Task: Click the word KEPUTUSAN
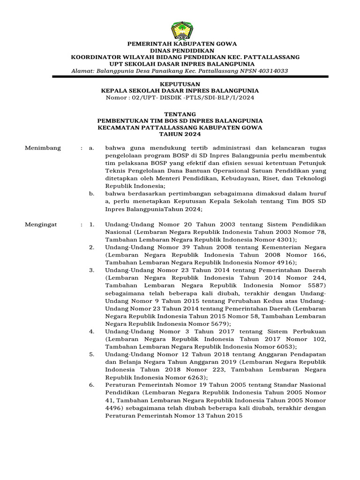pyautogui.click(x=180, y=84)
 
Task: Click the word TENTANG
pyautogui.click(x=180, y=114)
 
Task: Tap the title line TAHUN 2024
pyautogui.click(x=180, y=134)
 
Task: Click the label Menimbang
pyautogui.click(x=43, y=148)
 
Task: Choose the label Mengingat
pyautogui.click(x=41, y=225)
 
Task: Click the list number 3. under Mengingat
pyautogui.click(x=92, y=270)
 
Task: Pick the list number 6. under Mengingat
pyautogui.click(x=92, y=384)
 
